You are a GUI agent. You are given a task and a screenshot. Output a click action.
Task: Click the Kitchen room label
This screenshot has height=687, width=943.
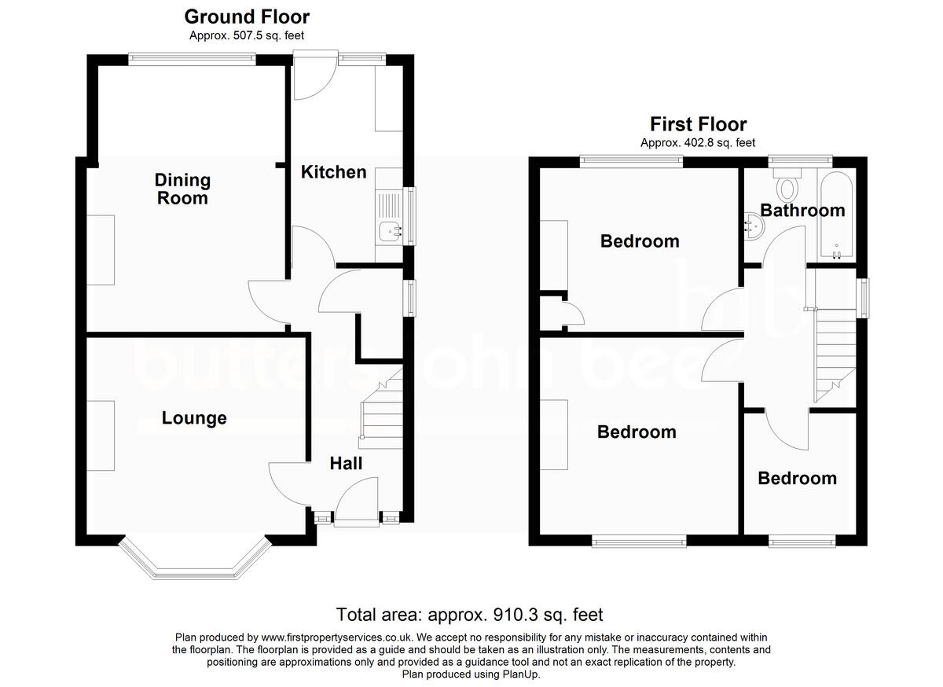[x=334, y=171]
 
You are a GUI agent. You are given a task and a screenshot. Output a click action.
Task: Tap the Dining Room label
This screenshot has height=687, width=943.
[x=182, y=189]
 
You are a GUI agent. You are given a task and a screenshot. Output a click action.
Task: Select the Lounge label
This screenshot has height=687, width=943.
[x=194, y=418]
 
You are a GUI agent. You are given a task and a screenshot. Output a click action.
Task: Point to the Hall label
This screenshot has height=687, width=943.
[x=346, y=464]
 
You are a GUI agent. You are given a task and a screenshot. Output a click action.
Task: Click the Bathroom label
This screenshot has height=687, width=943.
[x=802, y=210]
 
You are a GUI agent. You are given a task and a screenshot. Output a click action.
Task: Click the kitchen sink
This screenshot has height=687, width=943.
[x=389, y=230]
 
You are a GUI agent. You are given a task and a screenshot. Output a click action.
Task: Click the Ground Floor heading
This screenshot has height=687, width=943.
[x=247, y=17]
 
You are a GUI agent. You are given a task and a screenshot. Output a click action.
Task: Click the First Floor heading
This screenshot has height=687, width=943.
[x=698, y=124]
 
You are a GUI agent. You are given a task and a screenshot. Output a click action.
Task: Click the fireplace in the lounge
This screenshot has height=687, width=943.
[x=101, y=435]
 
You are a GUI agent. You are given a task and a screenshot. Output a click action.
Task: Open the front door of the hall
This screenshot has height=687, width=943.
[x=355, y=503]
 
